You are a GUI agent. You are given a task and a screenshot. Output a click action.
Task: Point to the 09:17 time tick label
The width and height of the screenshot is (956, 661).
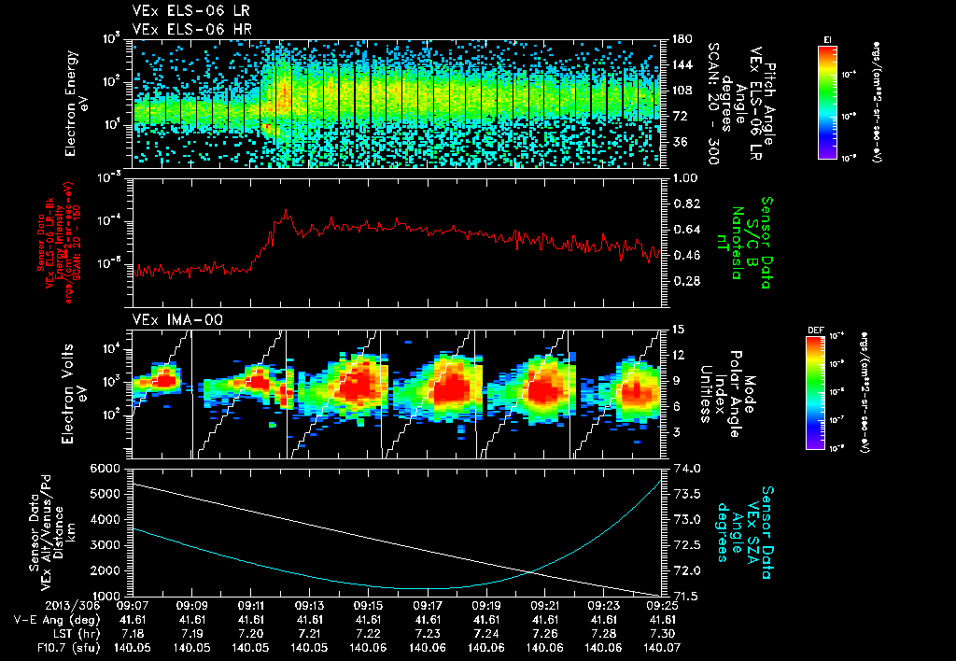pyautogui.click(x=428, y=605)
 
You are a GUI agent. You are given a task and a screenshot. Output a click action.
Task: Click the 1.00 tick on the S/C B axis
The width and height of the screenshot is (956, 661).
pyautogui.click(x=686, y=177)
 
